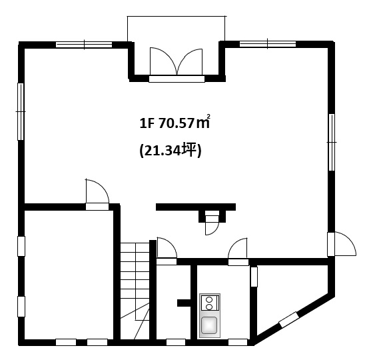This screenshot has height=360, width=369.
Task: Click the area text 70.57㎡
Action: pyautogui.click(x=184, y=122)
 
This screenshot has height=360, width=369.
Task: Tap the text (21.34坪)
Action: pyautogui.click(x=171, y=150)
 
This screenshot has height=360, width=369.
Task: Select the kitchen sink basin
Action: pyautogui.click(x=209, y=325)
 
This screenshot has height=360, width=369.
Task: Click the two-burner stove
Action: pyautogui.click(x=209, y=303)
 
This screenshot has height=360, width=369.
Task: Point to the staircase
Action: pyautogui.click(x=135, y=291)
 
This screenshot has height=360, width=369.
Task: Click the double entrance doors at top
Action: pyautogui.click(x=177, y=62)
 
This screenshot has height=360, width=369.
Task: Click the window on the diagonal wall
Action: pyautogui.click(x=288, y=320)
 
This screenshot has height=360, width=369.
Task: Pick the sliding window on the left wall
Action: pyautogui.click(x=21, y=111)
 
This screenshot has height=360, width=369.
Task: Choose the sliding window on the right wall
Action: pyautogui.click(x=331, y=142)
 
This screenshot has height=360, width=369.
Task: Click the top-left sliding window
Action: pyautogui.click(x=84, y=44)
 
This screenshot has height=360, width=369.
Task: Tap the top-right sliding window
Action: pyautogui.click(x=268, y=44)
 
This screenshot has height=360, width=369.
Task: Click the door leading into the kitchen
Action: pyautogui.click(x=238, y=251)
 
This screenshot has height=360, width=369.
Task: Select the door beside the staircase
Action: pyautogui.click(x=167, y=251)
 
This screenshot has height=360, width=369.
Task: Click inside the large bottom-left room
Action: pyautogui.click(x=69, y=275)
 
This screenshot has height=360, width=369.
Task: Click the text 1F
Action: pyautogui.click(x=147, y=123)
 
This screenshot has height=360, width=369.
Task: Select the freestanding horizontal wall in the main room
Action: pyautogui.click(x=196, y=207)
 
